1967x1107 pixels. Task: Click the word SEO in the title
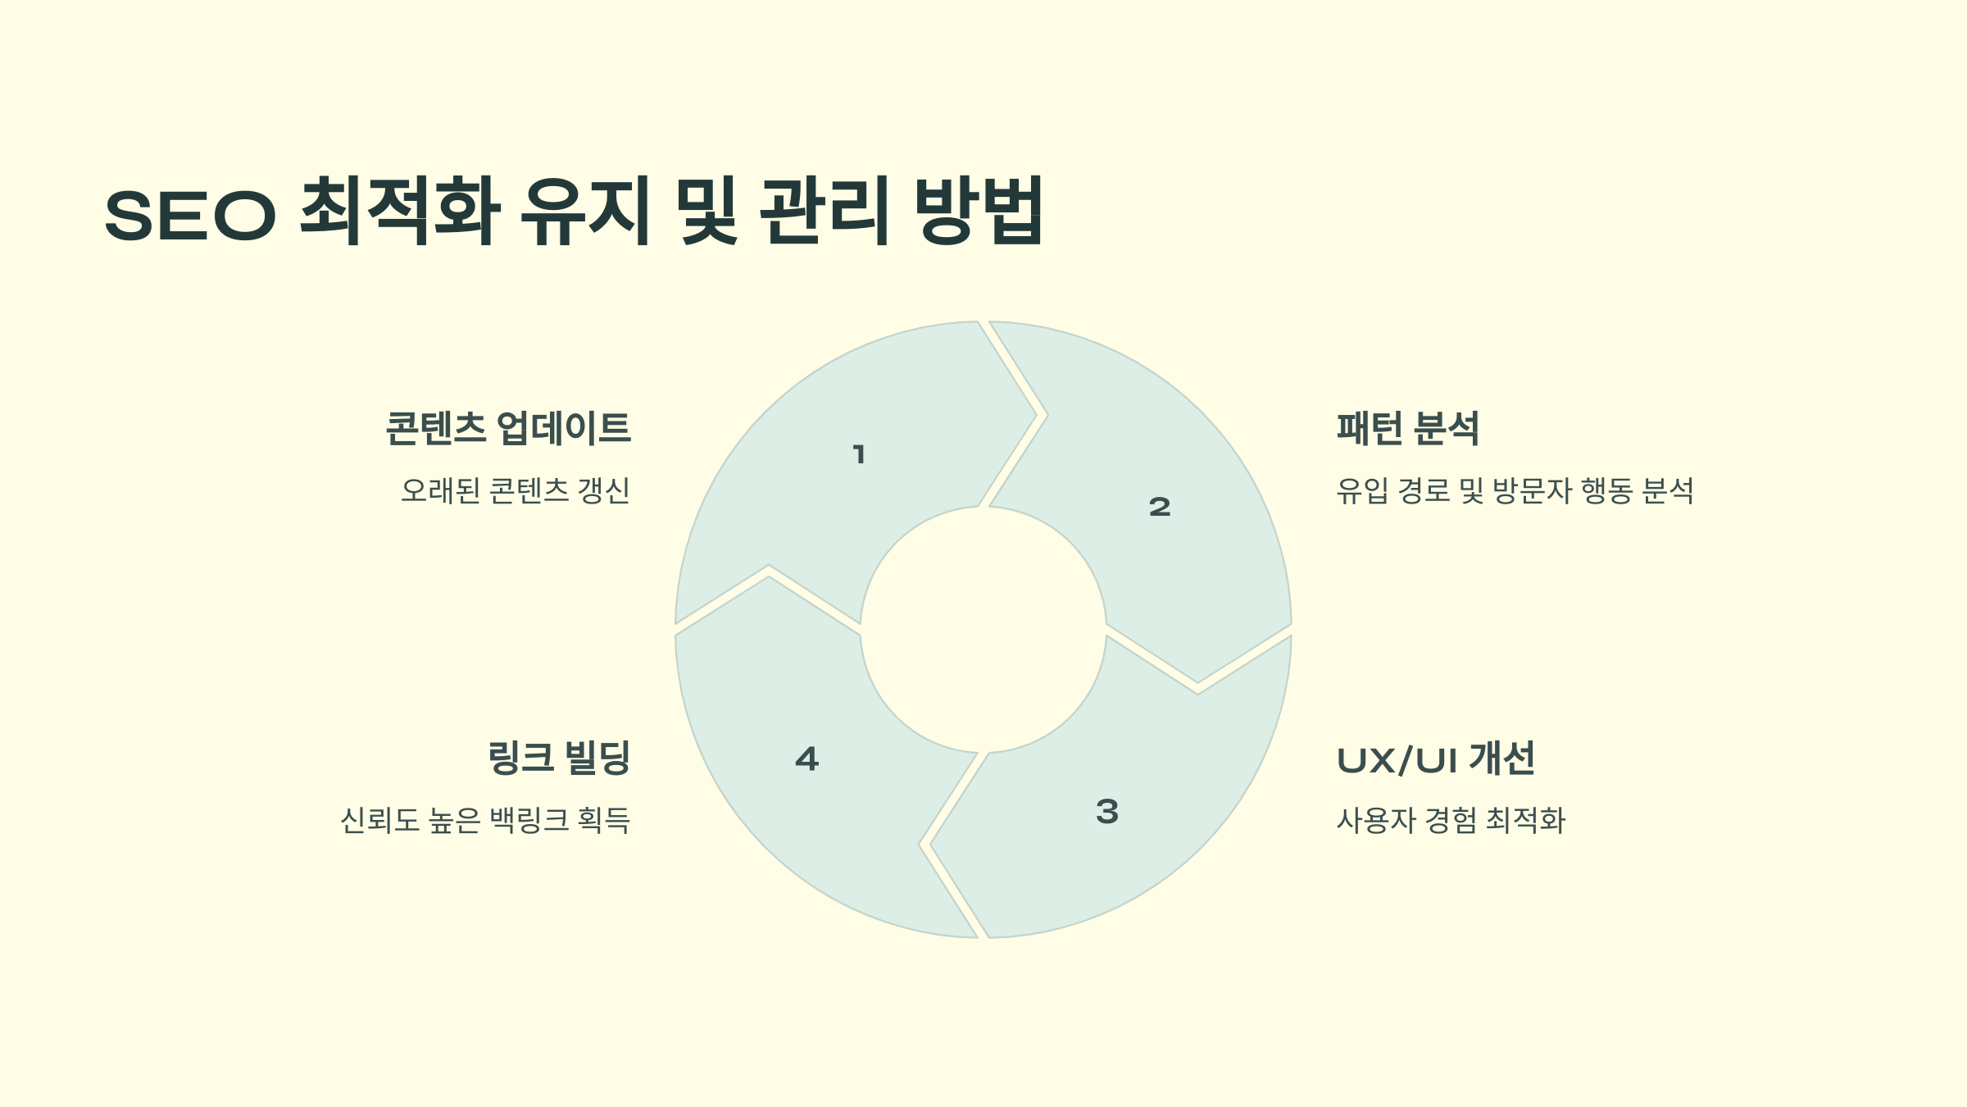click(190, 215)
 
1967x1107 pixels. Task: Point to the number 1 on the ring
click(859, 454)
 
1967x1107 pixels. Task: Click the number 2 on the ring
click(1160, 507)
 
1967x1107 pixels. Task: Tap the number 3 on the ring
click(1107, 812)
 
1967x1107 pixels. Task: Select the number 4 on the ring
click(807, 758)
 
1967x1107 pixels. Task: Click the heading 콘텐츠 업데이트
click(508, 428)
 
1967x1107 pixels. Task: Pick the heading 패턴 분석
click(1407, 428)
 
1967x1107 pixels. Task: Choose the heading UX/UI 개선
click(1435, 759)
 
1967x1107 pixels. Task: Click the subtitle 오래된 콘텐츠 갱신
click(515, 490)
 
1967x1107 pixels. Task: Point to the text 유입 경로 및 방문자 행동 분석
click(1515, 490)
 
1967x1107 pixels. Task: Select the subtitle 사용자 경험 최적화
click(1451, 820)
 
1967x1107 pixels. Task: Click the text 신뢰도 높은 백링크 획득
click(485, 820)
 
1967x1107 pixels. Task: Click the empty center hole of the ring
click(983, 630)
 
